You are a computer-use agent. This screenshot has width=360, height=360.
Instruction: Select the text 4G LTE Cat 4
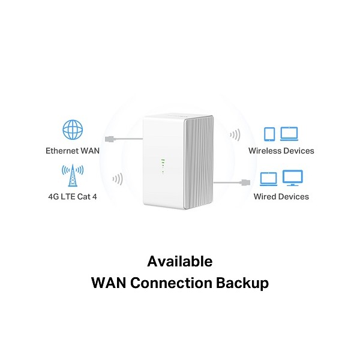tap(72, 196)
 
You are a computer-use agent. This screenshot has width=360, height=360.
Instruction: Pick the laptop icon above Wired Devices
tap(269, 178)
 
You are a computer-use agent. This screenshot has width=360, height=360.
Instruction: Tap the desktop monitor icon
tap(293, 178)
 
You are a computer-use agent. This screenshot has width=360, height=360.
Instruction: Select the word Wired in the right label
tap(265, 196)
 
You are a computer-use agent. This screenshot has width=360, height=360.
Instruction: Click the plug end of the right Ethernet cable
tap(245, 181)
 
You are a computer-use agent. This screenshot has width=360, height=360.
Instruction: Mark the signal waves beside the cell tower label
tap(118, 179)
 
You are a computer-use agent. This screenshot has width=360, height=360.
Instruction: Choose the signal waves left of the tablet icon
tap(236, 134)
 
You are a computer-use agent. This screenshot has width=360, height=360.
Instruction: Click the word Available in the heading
tap(179, 262)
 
